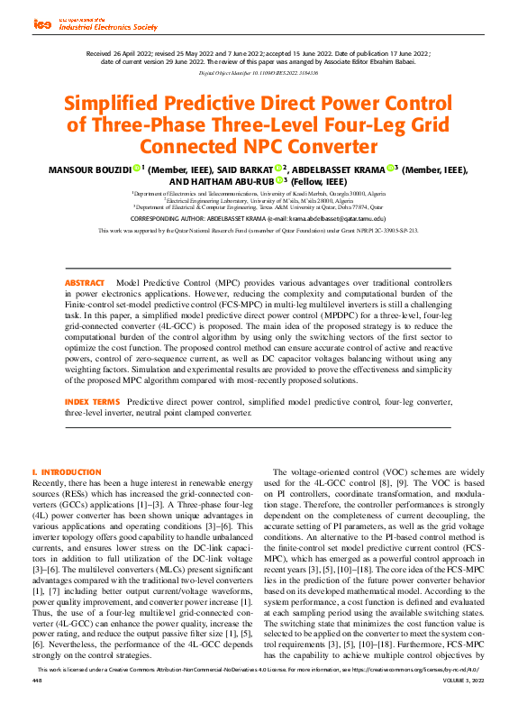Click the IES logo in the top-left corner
[42, 25]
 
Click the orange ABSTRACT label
[85, 283]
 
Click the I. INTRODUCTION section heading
[66, 472]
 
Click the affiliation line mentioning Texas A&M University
[259, 206]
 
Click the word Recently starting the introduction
[51, 484]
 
